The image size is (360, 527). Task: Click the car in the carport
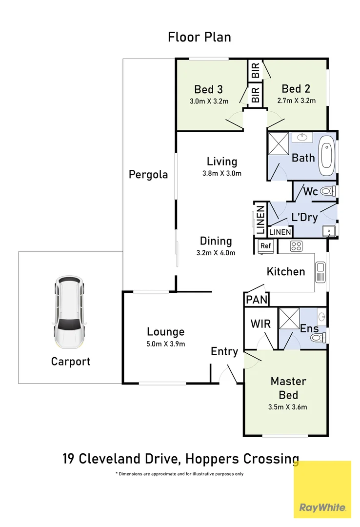pos(69,312)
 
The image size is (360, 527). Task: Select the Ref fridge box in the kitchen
pos(265,246)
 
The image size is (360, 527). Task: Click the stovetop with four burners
pos(297,246)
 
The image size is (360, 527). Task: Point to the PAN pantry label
pos(256,300)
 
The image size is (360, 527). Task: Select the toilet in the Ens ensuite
pos(317,338)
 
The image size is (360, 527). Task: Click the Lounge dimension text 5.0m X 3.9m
pos(166,344)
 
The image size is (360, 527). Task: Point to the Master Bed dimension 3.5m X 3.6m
pos(288,406)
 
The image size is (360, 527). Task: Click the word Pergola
pos(148,174)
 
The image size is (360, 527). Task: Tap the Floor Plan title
pos(199,37)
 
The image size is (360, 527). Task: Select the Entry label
pos(224,351)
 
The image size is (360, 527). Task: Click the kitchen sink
pos(320,272)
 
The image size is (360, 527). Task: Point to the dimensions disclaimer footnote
pos(180,474)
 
